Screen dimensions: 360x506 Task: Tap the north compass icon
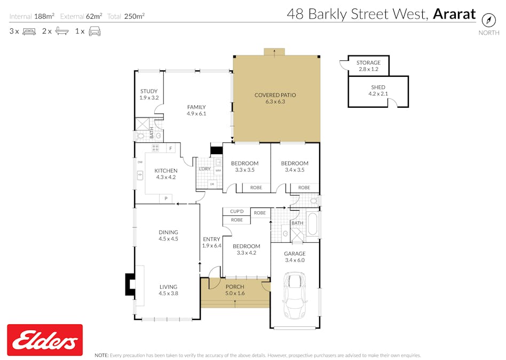[488, 20]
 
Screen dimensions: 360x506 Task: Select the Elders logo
[45, 340]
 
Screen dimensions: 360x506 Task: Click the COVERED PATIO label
[275, 95]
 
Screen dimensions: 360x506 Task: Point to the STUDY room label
[149, 91]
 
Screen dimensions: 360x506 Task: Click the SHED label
[378, 87]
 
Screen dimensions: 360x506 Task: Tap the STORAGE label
[368, 63]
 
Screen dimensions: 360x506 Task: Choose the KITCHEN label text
[166, 171]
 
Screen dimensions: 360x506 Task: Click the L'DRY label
[204, 169]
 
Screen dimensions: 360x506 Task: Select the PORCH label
[235, 287]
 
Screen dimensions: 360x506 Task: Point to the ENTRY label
[212, 239]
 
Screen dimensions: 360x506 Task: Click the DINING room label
[168, 233]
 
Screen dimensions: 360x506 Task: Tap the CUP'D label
[236, 211]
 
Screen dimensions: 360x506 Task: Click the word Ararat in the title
[454, 14]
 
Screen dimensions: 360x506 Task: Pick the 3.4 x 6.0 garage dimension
[295, 260]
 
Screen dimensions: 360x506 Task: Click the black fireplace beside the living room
[130, 284]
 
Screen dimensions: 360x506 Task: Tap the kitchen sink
[140, 174]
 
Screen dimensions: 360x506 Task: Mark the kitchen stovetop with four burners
[155, 148]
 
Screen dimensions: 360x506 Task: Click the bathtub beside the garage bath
[313, 225]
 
